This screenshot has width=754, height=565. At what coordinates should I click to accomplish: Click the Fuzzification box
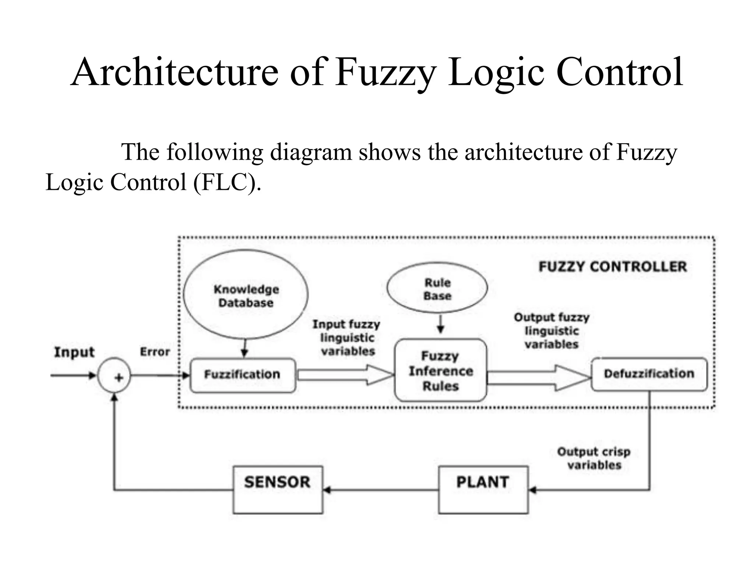(243, 375)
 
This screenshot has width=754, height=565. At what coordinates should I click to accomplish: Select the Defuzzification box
(649, 374)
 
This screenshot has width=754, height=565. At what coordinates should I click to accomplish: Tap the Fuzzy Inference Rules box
(440, 370)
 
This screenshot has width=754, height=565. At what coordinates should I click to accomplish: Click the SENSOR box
(278, 489)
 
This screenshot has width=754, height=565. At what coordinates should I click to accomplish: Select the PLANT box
(483, 489)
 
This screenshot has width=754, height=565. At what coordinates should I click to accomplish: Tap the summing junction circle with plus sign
(114, 375)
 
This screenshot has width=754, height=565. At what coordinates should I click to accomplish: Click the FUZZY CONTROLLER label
(613, 267)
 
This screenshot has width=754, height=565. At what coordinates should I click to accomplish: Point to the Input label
(74, 352)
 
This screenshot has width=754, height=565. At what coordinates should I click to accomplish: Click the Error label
(155, 352)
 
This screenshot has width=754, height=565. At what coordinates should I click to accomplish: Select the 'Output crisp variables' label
(594, 458)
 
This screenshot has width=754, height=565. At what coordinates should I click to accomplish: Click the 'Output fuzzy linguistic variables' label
(552, 331)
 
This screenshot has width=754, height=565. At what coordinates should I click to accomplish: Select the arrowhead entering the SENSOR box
(327, 490)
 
